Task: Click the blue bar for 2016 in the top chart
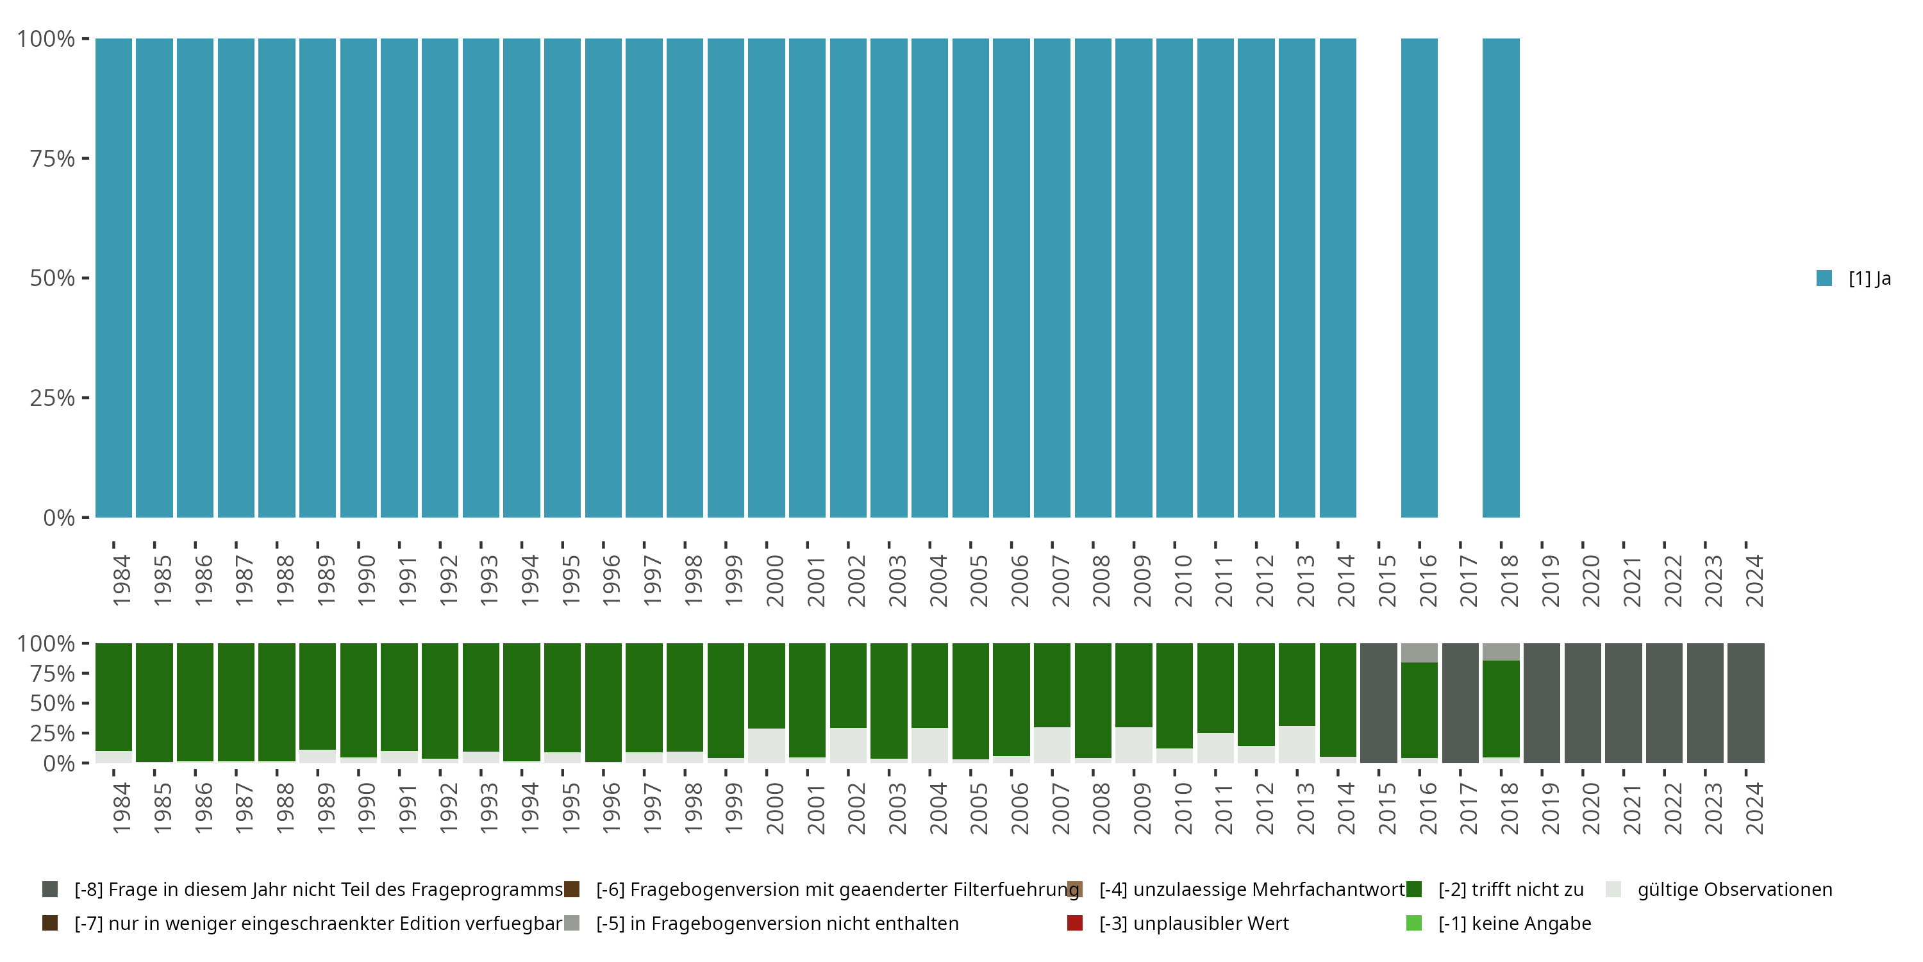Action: (1419, 278)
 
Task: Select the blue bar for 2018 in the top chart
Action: (1501, 278)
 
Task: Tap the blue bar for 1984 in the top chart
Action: (113, 278)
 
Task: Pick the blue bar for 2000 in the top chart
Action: (767, 278)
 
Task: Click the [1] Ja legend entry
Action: (1854, 278)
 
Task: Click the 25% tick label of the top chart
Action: (53, 398)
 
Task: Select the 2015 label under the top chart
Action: (1386, 580)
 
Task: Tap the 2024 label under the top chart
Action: (1754, 580)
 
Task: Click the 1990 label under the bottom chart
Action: (366, 808)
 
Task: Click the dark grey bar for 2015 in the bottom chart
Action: (1378, 703)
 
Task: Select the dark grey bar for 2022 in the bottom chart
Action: (1664, 703)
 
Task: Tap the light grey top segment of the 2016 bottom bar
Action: (1419, 653)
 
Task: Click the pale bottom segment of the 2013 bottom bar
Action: (1297, 744)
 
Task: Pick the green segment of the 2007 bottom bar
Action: (1052, 685)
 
